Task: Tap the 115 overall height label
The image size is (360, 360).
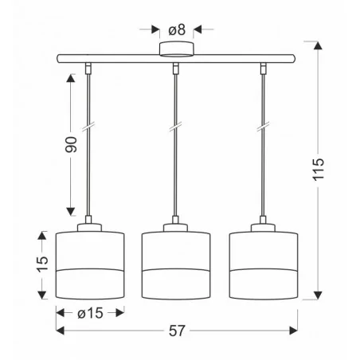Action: point(320,170)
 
